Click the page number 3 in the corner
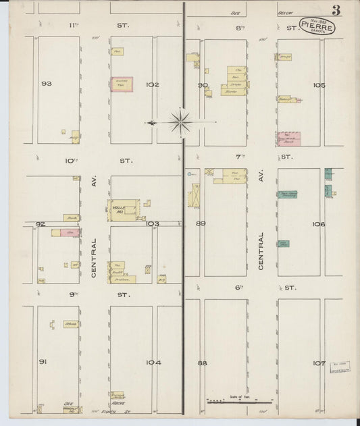pyautogui.click(x=336, y=10)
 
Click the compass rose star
pyautogui.click(x=180, y=122)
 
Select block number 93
pyautogui.click(x=47, y=84)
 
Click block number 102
pyautogui.click(x=152, y=84)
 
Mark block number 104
pyautogui.click(x=153, y=363)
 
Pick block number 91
pyautogui.click(x=43, y=363)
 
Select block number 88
pyautogui.click(x=202, y=363)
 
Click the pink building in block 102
pyautogui.click(x=122, y=84)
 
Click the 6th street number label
pyautogui.click(x=238, y=287)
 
